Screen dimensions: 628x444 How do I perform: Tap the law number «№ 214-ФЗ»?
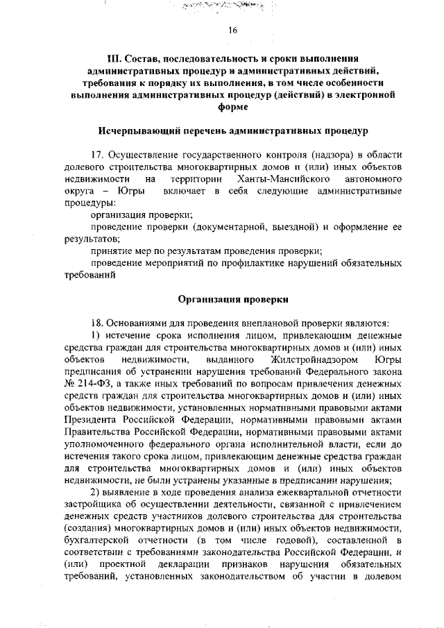pos(87,384)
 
